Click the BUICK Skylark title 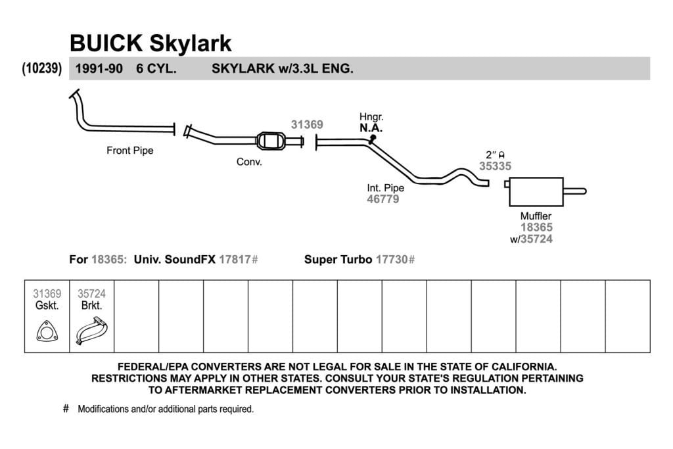point(151,43)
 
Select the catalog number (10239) point(42,68)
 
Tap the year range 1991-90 point(99,68)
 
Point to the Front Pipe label point(130,151)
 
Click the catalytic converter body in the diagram point(271,141)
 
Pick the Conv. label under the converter point(249,162)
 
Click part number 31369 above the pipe point(307,124)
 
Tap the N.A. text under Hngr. point(371,128)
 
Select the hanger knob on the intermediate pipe point(373,138)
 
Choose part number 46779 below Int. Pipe point(383,199)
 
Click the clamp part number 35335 point(496,166)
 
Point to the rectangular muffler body point(536,192)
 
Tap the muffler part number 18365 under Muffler point(536,227)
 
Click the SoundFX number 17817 point(235,259)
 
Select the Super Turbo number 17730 point(392,259)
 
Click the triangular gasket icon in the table point(47,331)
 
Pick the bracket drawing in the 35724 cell point(91,331)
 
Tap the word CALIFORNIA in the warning point(524,367)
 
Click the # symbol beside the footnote point(66,408)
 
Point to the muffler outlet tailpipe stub point(574,191)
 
